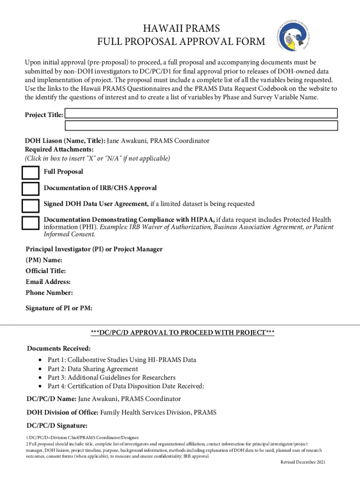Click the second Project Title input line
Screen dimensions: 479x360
tap(201, 125)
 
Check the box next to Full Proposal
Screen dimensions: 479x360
tap(31, 173)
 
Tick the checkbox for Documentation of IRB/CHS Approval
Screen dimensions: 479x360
tap(31, 189)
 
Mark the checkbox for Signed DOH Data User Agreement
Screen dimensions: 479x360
tap(31, 205)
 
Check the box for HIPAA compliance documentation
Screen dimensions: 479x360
tap(31, 222)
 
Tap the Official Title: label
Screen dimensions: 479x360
tap(46, 271)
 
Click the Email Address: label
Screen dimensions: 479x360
tap(48, 282)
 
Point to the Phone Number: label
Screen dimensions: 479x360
tap(49, 293)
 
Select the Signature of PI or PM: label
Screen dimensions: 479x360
tap(59, 308)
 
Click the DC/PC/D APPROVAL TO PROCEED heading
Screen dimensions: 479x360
tap(182, 333)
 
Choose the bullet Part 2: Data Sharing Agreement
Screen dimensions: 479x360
tap(93, 369)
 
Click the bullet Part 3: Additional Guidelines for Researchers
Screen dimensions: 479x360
tap(112, 377)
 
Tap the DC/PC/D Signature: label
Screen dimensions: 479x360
tap(57, 426)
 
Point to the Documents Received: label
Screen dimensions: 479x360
tap(59, 348)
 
